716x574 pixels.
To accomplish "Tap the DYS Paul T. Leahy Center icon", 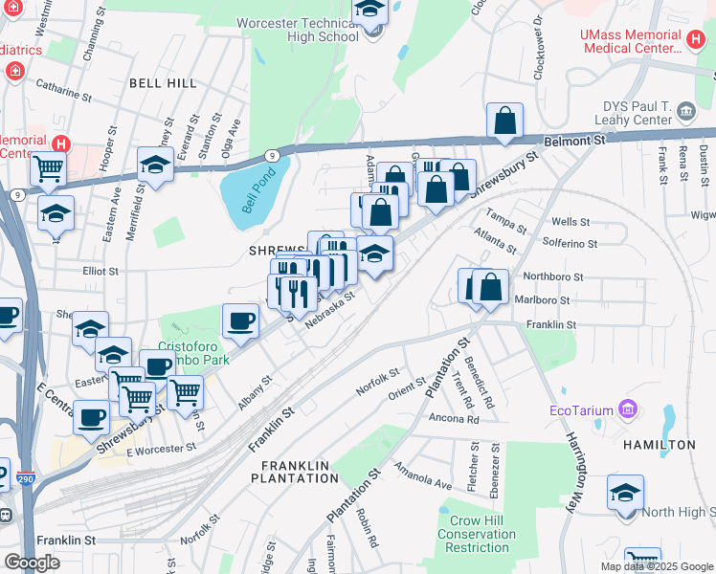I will click(x=687, y=113).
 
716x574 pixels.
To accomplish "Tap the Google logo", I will click(x=33, y=563).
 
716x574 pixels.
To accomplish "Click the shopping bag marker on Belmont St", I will click(x=504, y=121).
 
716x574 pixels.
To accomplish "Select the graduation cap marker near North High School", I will click(x=625, y=494).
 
